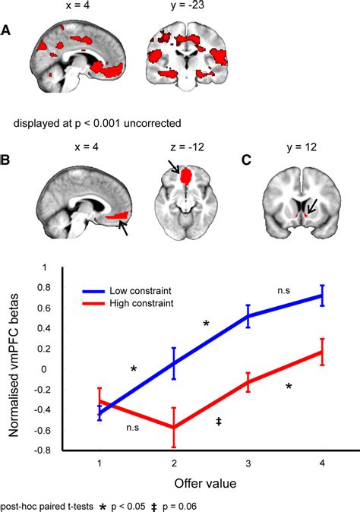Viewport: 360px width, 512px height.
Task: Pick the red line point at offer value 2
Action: point(174,428)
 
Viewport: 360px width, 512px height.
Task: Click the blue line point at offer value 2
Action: point(174,363)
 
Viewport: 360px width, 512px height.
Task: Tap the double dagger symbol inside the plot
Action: point(219,420)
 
